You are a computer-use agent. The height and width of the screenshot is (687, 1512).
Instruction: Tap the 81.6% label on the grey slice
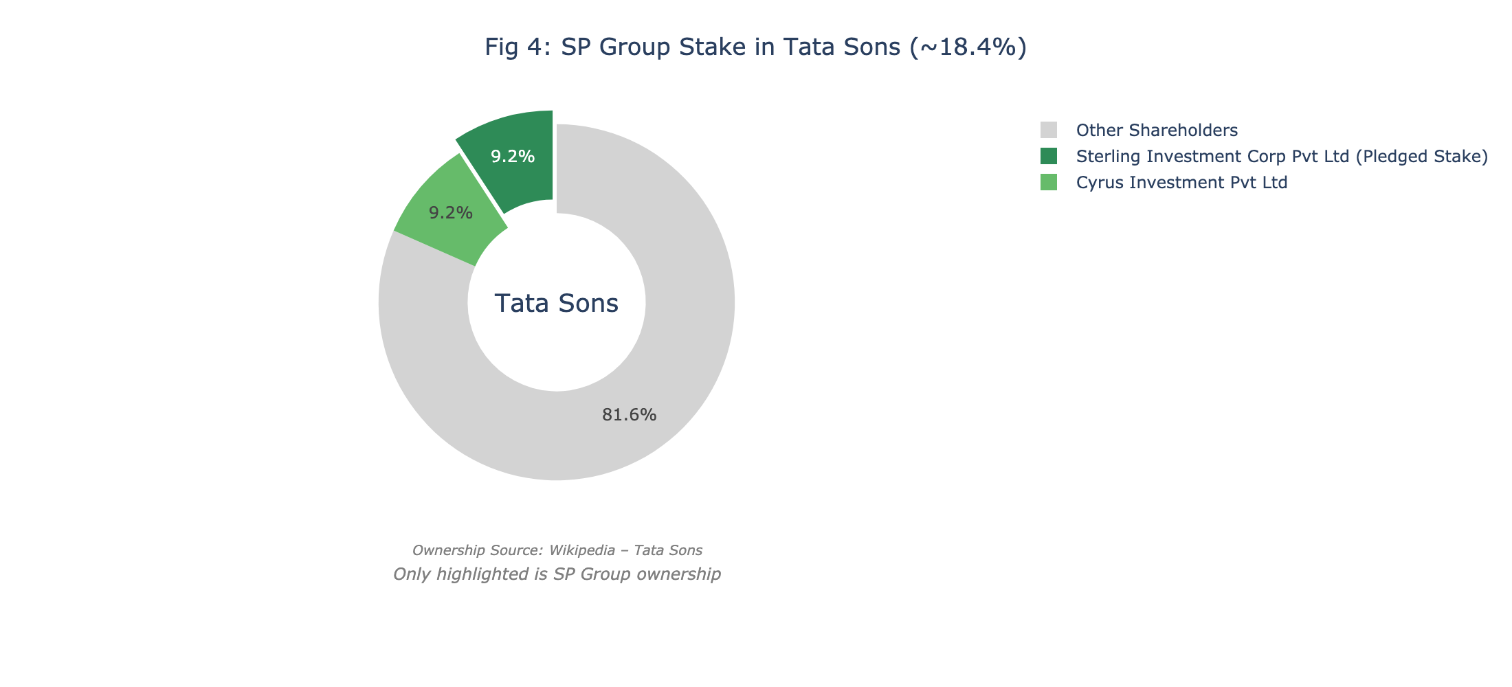pos(629,415)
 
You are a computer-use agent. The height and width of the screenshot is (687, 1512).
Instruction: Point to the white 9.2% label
pos(513,157)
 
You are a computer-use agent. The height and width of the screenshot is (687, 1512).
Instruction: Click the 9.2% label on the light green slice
pos(451,213)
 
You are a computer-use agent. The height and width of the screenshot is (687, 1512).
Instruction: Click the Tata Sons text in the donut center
pos(557,303)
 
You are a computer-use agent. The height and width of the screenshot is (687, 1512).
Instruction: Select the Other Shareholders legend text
pos(1157,131)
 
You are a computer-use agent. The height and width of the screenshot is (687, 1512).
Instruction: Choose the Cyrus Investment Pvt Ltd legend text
pos(1181,183)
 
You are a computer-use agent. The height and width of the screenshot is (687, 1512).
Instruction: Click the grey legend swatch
pos(1049,131)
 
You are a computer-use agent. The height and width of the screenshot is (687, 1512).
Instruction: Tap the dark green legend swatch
pos(1049,157)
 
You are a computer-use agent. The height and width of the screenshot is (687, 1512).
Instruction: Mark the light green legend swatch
pos(1049,183)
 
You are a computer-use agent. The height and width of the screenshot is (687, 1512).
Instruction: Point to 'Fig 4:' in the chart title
pos(518,47)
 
